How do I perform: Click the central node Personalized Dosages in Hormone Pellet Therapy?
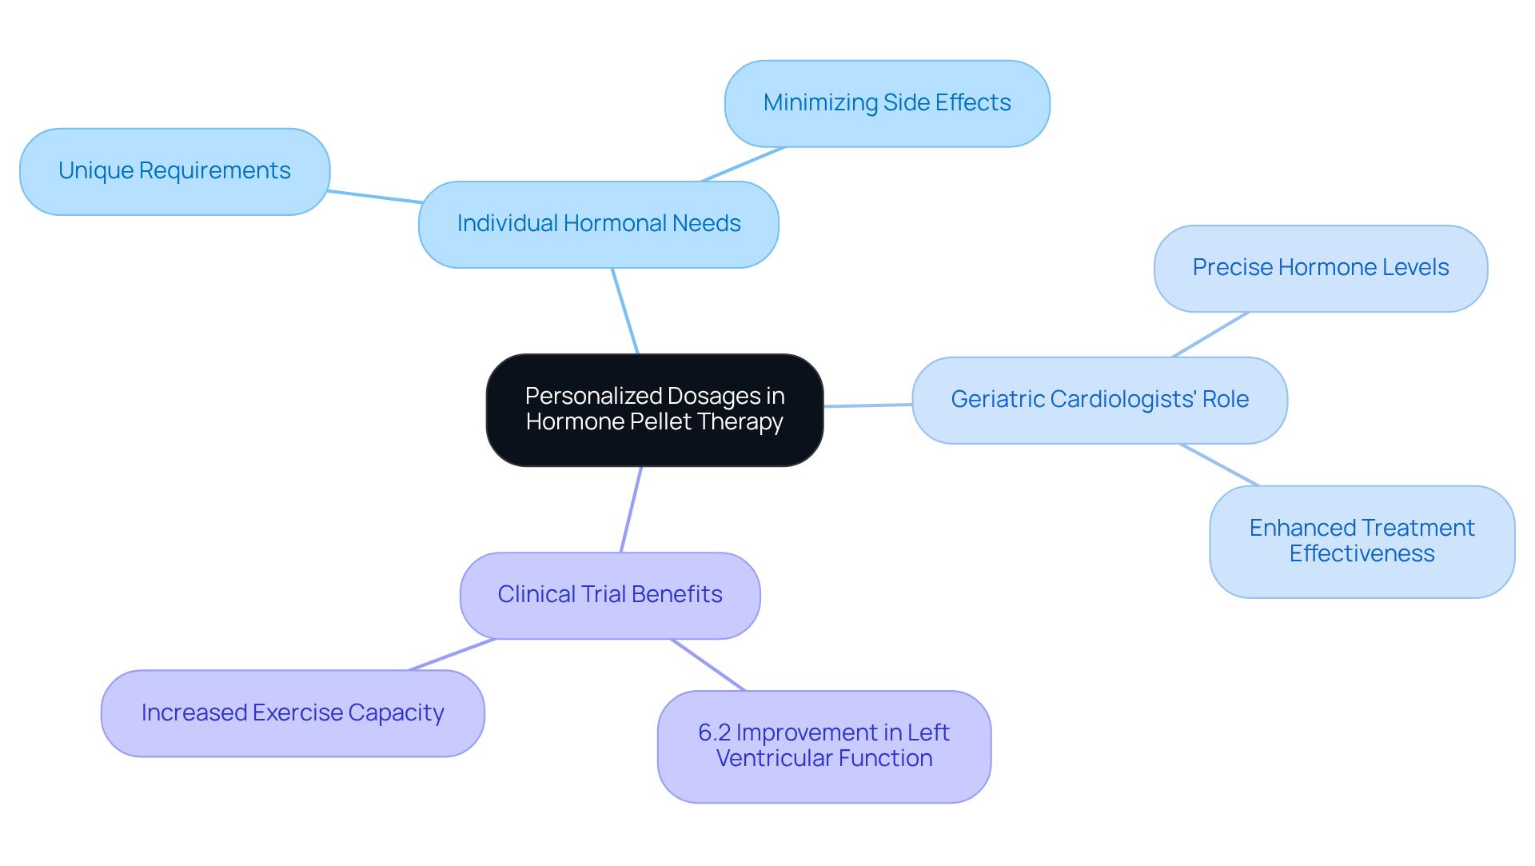point(654,409)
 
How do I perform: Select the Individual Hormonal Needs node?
point(598,224)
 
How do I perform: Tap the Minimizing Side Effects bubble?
point(886,103)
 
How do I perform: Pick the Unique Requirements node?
point(174,171)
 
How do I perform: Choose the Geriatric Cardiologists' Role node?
point(1098,399)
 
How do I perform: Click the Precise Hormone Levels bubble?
point(1320,268)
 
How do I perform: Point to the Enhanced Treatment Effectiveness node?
point(1361,541)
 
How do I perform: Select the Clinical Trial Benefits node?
point(609,595)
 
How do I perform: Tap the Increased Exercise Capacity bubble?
point(293,712)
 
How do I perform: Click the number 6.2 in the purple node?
point(714,732)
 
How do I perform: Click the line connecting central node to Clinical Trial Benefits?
point(631,509)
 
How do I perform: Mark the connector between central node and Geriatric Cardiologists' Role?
point(867,405)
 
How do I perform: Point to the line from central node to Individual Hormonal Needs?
point(625,311)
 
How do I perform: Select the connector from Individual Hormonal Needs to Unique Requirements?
point(374,197)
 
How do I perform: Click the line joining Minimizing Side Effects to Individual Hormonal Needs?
point(744,164)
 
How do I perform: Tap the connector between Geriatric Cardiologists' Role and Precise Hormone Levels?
point(1210,334)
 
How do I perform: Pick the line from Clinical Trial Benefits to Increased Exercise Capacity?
point(452,654)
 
